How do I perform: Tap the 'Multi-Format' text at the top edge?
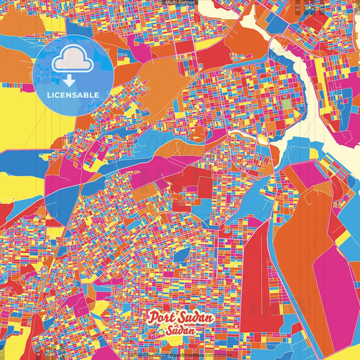click(x=179, y=3)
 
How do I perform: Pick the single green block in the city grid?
click(x=288, y=105)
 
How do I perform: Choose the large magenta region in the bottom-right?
click(x=331, y=284)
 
